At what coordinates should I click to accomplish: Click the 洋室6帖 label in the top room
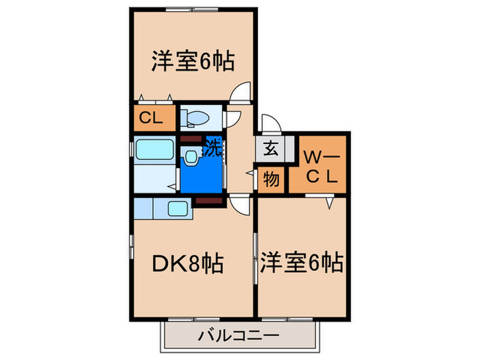click(193, 62)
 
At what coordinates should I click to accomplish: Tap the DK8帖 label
click(188, 263)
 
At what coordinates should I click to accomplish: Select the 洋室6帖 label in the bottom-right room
click(302, 263)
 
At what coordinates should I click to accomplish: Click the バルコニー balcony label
click(239, 336)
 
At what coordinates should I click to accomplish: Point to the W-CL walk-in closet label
click(322, 167)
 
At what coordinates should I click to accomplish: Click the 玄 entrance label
click(271, 148)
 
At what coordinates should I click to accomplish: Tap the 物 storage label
click(272, 179)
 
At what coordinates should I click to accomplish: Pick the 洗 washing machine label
click(213, 147)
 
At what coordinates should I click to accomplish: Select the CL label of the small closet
click(151, 117)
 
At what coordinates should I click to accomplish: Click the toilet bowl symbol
click(195, 117)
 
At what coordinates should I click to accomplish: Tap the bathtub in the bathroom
click(154, 149)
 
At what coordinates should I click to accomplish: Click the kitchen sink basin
click(178, 208)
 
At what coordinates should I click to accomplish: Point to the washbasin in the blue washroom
click(191, 157)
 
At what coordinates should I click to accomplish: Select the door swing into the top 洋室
click(240, 91)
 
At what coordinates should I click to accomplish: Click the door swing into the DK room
click(240, 207)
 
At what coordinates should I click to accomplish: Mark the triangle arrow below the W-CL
click(329, 203)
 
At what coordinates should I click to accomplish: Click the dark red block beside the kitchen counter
click(209, 201)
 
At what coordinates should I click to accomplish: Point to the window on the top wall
click(191, 10)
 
